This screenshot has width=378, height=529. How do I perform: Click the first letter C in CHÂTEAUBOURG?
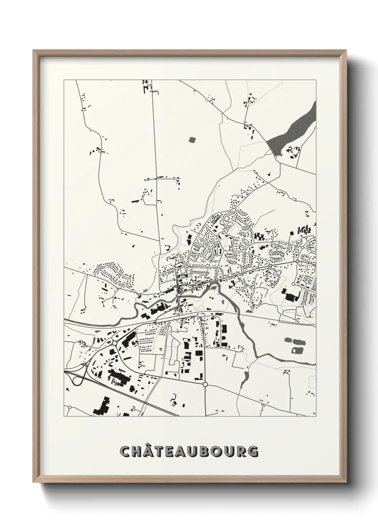click(x=125, y=451)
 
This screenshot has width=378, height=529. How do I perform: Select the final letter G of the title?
click(x=253, y=451)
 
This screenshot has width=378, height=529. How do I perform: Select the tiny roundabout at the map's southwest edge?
click(x=69, y=407)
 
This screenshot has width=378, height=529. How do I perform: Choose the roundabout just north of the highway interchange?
click(x=114, y=342)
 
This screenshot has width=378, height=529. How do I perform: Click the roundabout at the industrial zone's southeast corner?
click(x=205, y=384)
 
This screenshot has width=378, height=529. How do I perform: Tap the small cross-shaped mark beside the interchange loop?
click(x=85, y=365)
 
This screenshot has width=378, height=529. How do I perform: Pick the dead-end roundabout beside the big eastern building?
click(x=293, y=284)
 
